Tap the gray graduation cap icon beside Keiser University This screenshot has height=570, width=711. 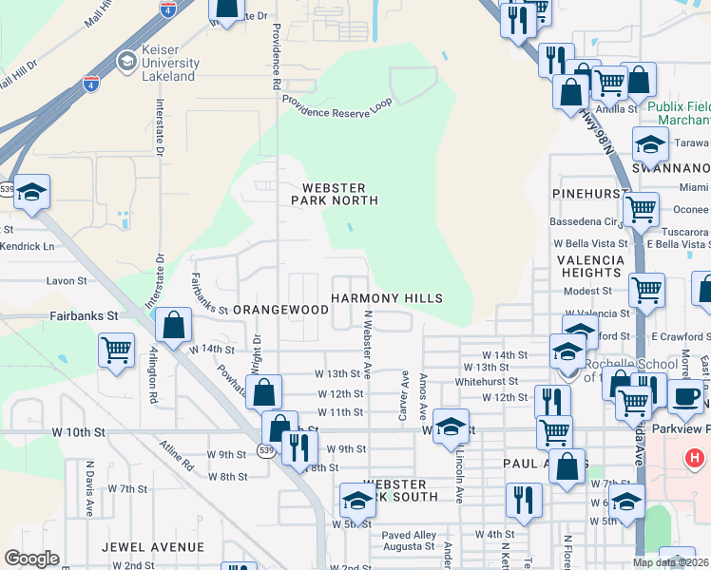pos(125,62)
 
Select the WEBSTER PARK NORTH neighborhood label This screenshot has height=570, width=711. pos(339,194)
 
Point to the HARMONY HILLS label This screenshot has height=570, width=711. pos(387,298)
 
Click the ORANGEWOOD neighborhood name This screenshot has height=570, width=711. pos(281,310)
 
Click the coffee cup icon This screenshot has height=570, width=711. pos(685,395)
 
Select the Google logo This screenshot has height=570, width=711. pos(31,559)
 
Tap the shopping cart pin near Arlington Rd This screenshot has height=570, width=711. pos(116,349)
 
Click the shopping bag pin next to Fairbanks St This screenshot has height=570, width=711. pos(173,326)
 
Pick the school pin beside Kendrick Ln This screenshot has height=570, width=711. pos(31,193)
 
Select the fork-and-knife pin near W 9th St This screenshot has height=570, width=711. pos(299,447)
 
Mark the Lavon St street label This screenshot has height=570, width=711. pos(67,281)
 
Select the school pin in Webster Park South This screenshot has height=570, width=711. pos(357,500)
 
